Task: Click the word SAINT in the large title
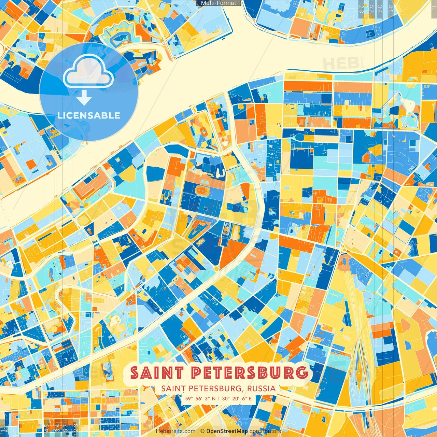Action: coord(157,372)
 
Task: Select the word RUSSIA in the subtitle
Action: coord(262,389)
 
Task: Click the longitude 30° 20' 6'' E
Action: coord(237,398)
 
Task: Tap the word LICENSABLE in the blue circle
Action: coord(89,115)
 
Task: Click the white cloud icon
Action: coord(88,71)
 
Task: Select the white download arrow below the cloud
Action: coord(84,98)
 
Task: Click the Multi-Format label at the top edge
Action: coord(218,3)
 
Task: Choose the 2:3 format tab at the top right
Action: coord(361,8)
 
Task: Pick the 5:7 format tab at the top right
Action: coord(371,8)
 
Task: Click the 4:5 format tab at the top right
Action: coord(391,8)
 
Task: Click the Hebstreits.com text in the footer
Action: coord(176,431)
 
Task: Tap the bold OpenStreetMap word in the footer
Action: coord(227,431)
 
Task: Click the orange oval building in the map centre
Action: coord(202,191)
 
